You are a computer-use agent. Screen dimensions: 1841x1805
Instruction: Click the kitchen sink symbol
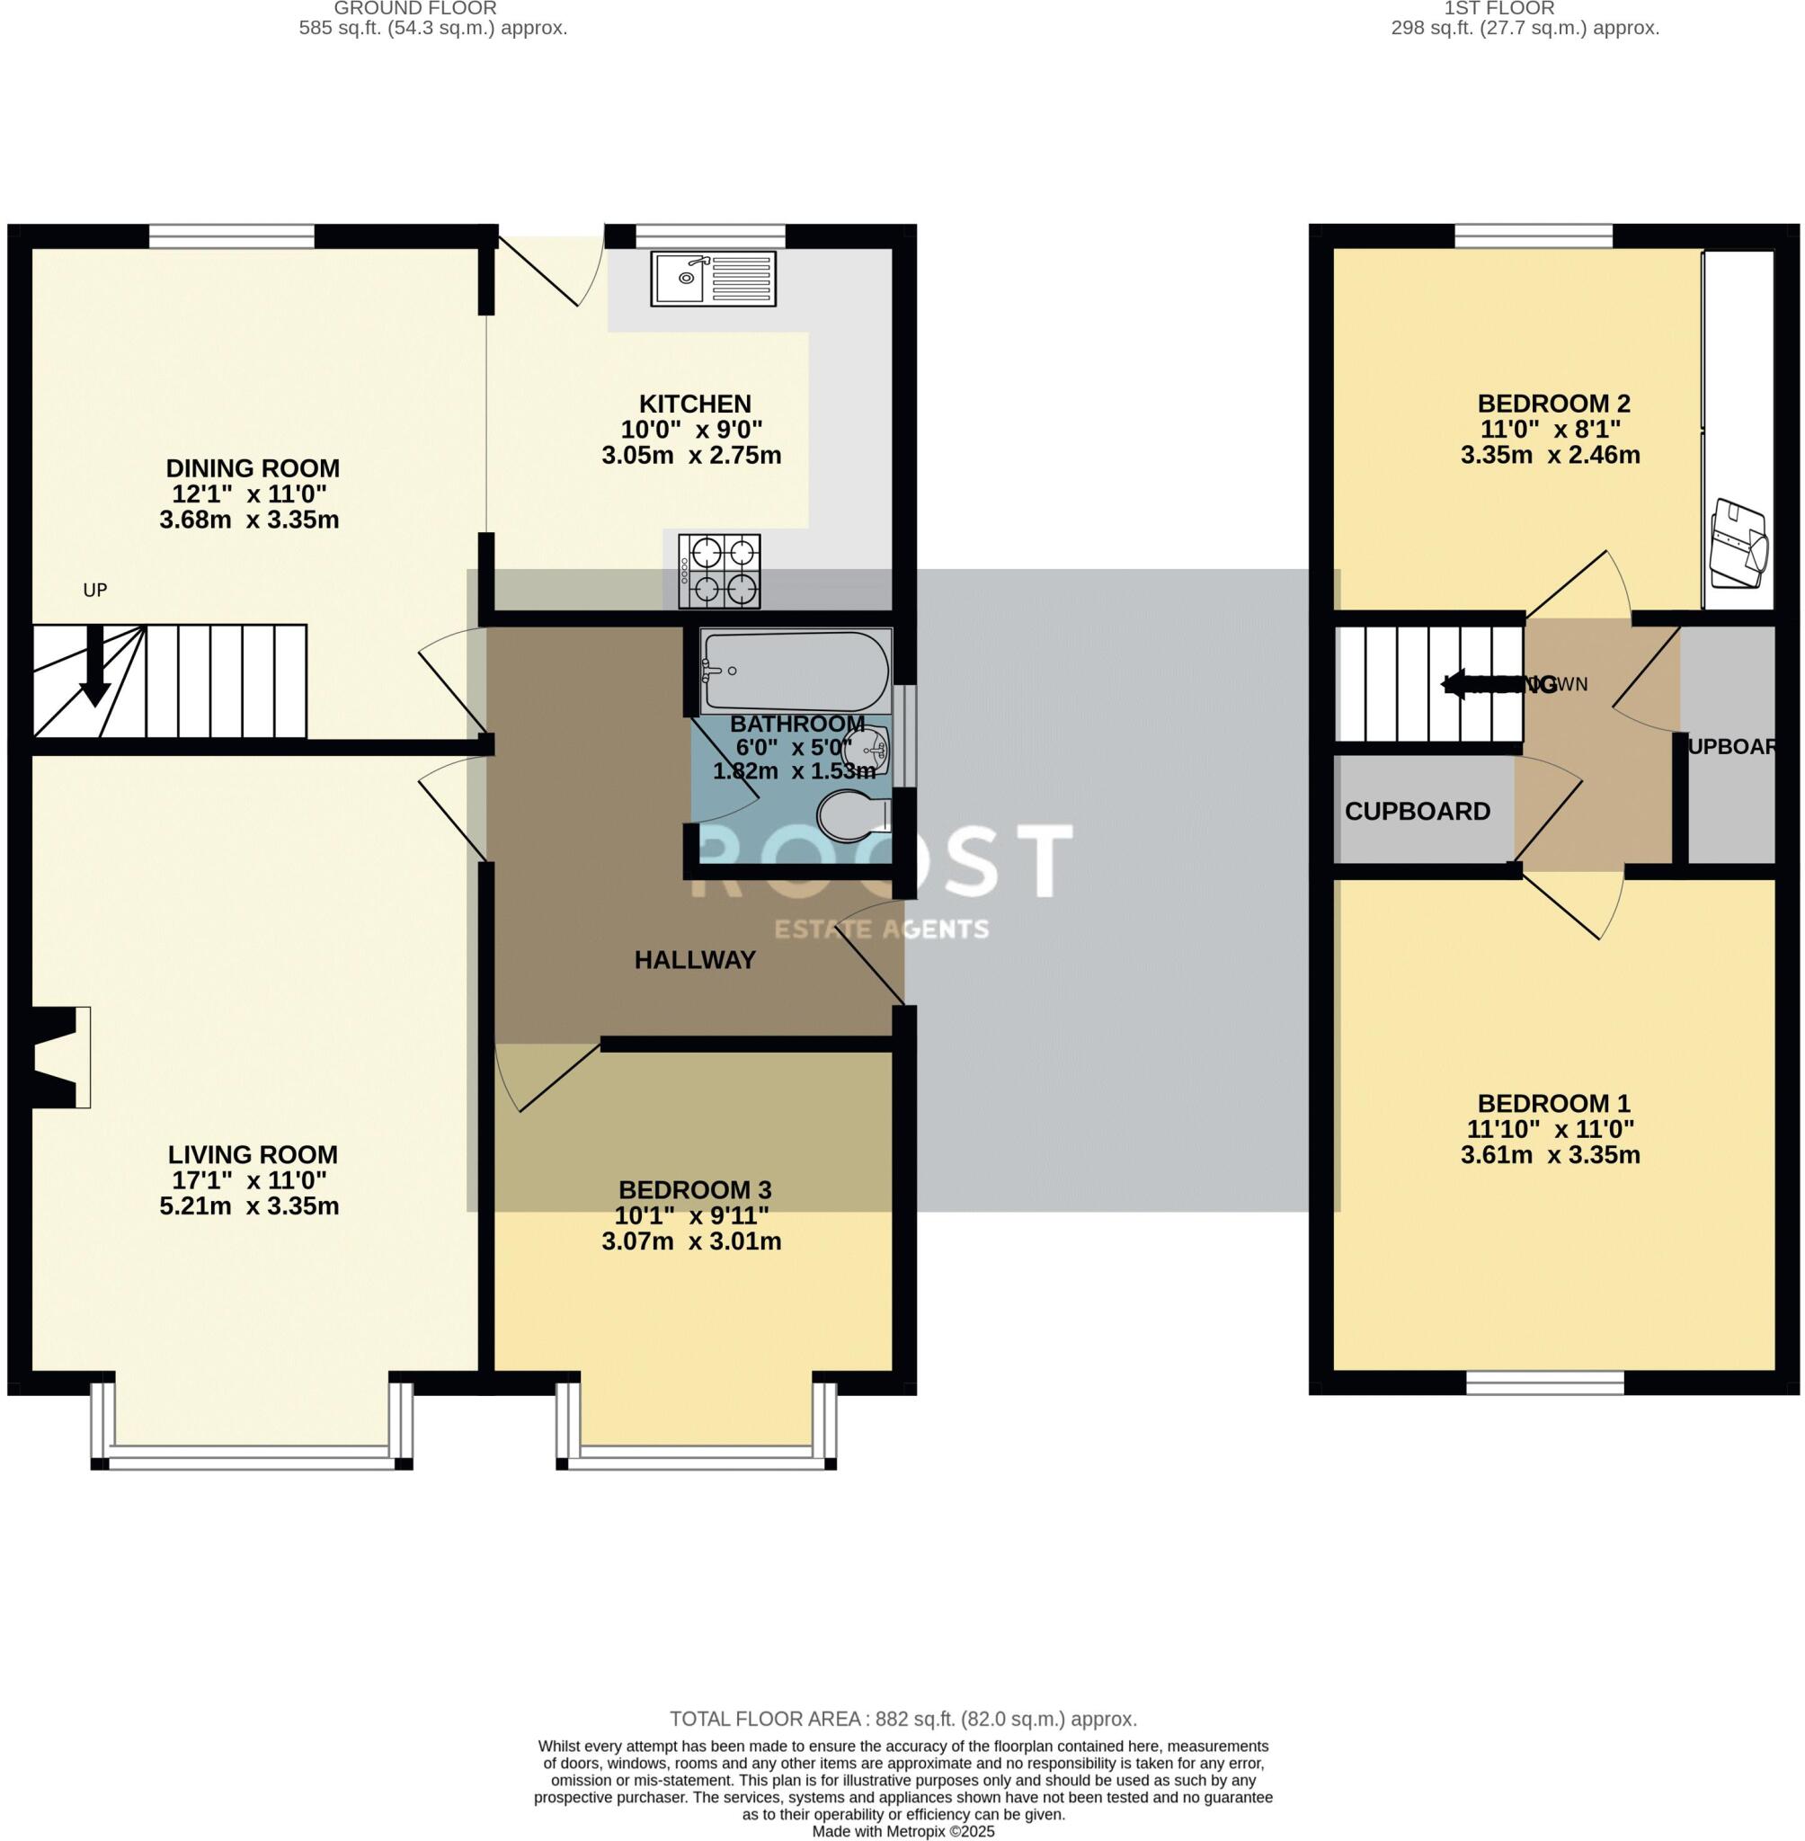coord(713,279)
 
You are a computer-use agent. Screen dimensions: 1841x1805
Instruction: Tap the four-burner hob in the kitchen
coord(719,571)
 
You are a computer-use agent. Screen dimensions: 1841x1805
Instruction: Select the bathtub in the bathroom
coord(796,672)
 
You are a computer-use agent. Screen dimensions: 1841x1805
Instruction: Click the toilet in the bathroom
coord(852,816)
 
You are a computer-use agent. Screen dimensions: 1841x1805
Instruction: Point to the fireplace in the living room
coord(56,1056)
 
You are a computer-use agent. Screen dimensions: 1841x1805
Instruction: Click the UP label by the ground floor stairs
coord(94,591)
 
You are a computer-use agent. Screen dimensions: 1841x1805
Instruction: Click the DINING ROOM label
coord(253,468)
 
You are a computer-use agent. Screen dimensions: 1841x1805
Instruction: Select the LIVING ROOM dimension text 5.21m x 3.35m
coord(249,1205)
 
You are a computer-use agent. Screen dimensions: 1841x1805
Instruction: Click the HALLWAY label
coord(695,960)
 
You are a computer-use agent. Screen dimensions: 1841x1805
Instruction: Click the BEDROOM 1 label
coord(1554,1104)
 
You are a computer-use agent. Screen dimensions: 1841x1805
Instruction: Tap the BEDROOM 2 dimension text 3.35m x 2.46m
coord(1550,455)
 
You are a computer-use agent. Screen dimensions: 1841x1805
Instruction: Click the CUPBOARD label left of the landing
coord(1418,812)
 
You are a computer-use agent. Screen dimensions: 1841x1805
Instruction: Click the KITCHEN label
coord(695,404)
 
